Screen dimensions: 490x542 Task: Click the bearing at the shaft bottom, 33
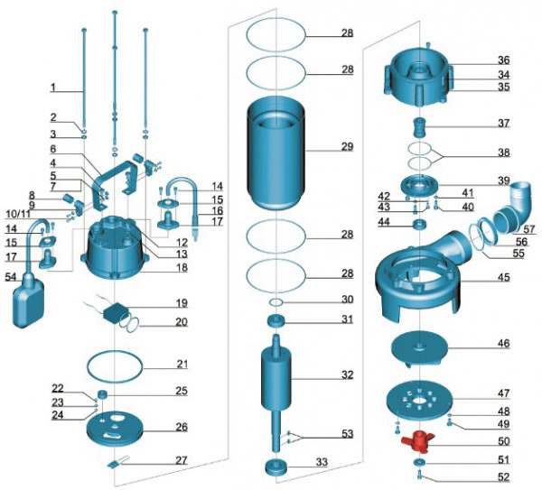pyautogui.click(x=276, y=467)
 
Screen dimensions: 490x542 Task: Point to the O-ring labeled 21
pyautogui.click(x=115, y=366)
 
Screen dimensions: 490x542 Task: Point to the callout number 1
pyautogui.click(x=53, y=88)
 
